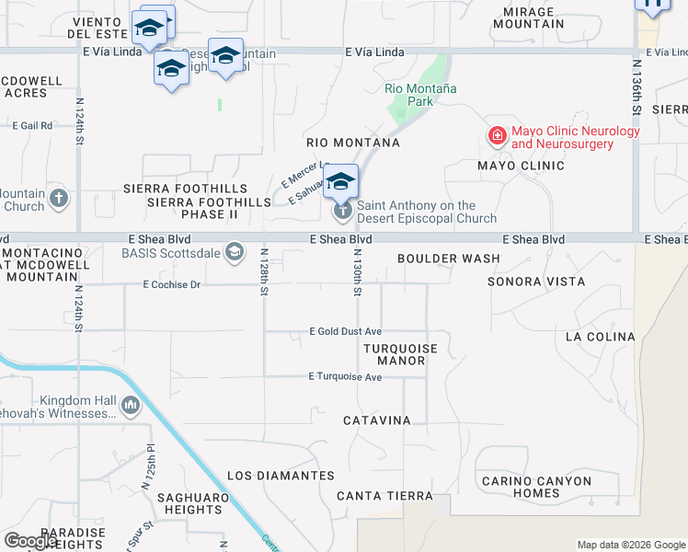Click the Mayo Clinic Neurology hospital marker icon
(x=498, y=137)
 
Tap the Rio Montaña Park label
(x=421, y=95)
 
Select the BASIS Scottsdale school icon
(x=235, y=252)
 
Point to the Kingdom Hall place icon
(x=130, y=405)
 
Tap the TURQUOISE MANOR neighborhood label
(x=400, y=354)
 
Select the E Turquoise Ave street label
(x=345, y=376)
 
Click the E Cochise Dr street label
(x=171, y=285)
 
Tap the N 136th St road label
(x=636, y=87)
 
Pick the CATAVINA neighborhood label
(x=376, y=420)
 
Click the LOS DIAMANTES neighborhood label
(x=281, y=476)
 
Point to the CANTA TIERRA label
(x=384, y=496)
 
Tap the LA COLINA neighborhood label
(x=600, y=337)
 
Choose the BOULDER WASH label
(x=449, y=259)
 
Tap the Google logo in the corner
(x=30, y=541)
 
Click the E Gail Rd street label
(x=32, y=124)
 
